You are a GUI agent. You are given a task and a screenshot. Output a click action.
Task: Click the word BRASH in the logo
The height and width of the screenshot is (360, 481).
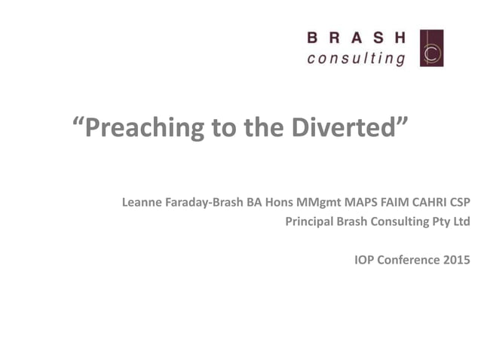click(x=356, y=38)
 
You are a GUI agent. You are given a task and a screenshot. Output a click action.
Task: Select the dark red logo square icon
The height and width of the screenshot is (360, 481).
click(x=431, y=48)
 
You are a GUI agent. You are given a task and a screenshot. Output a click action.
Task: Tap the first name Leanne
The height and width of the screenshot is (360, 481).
click(x=142, y=203)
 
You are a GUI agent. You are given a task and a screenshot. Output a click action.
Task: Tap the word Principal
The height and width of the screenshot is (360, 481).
click(x=309, y=222)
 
